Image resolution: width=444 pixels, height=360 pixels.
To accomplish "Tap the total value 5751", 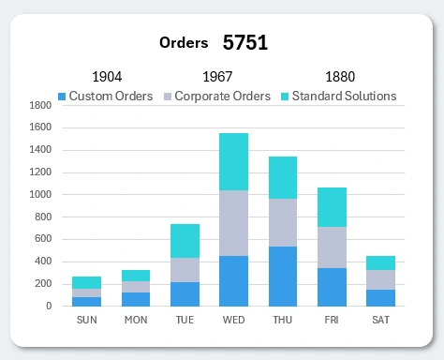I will (245, 42).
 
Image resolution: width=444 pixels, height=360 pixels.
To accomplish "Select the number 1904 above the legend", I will (107, 77).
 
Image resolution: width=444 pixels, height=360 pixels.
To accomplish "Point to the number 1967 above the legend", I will (217, 77).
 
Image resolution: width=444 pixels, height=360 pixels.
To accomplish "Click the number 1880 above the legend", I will (340, 77).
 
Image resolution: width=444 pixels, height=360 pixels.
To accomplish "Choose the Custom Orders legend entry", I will (104, 96).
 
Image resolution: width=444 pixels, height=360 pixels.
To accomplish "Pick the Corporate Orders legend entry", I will (216, 96).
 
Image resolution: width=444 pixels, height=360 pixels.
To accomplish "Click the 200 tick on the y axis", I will (41, 284).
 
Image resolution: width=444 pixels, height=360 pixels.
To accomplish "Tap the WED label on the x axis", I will (233, 320).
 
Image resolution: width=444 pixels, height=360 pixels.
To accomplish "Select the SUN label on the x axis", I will (86, 320).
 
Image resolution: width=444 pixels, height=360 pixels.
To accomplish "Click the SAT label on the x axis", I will (380, 320).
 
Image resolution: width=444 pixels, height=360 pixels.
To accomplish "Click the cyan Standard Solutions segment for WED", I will (233, 162).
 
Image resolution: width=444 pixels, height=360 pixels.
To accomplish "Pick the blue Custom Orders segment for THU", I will (282, 276).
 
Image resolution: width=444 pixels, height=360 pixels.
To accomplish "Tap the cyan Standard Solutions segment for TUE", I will (185, 241).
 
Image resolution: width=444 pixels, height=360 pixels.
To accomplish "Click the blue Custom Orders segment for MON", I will (136, 299).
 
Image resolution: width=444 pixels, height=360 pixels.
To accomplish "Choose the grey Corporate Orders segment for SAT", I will (380, 279).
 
